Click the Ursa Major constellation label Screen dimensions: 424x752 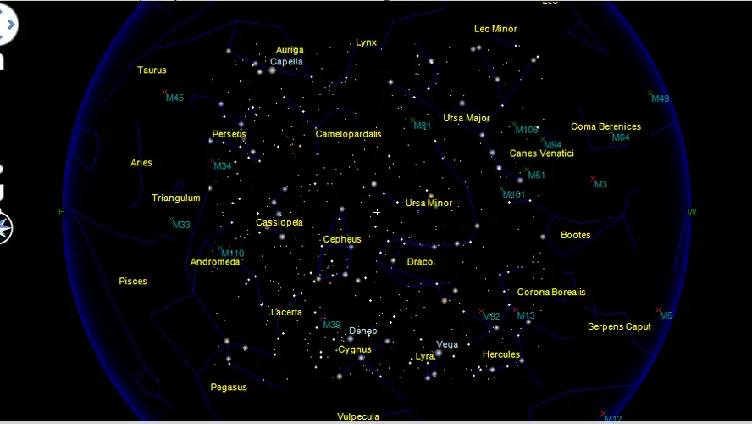(x=467, y=118)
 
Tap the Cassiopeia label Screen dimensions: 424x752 (x=279, y=223)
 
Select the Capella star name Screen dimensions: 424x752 (x=286, y=62)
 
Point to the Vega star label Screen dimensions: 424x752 (x=447, y=344)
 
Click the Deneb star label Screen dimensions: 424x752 (x=363, y=331)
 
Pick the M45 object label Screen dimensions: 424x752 (x=174, y=98)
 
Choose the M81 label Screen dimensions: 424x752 (x=423, y=126)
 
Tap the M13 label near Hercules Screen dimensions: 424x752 (x=526, y=317)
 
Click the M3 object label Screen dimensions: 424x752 (x=600, y=185)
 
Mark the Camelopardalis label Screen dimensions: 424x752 (x=348, y=134)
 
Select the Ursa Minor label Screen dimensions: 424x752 (x=429, y=204)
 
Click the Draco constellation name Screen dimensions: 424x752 (x=420, y=262)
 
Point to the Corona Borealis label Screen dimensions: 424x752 (x=551, y=293)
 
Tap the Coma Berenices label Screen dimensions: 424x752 (x=605, y=127)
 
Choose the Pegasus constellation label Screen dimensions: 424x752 (x=229, y=388)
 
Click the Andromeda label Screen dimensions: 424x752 (x=215, y=263)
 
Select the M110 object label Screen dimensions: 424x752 (x=232, y=254)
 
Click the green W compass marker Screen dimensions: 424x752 (x=692, y=212)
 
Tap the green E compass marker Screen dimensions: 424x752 (x=61, y=212)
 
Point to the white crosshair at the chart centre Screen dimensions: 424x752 (x=376, y=212)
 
